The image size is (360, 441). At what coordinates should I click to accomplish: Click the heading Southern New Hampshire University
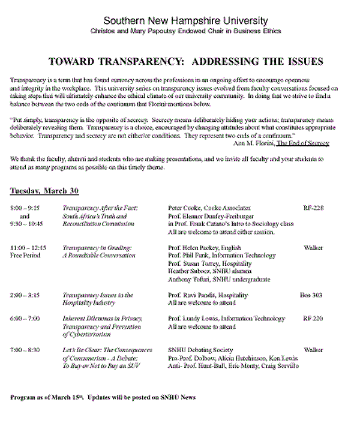tap(185, 21)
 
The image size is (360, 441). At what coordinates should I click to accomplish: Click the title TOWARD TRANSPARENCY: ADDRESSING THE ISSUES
tap(185, 62)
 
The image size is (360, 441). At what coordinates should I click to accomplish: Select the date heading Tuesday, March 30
tap(44, 191)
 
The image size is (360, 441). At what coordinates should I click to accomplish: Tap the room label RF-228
tap(313, 208)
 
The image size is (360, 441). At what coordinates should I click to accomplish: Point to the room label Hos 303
tap(311, 295)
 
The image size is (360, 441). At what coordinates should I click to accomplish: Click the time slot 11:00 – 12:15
tap(28, 247)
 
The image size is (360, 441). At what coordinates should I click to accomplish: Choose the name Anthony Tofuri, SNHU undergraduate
tap(211, 279)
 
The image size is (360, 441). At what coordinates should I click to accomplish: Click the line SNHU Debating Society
tap(200, 350)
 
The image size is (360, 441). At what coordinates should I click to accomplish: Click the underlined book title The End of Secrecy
tap(302, 143)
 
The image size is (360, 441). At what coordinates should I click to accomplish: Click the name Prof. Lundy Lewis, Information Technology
tap(227, 319)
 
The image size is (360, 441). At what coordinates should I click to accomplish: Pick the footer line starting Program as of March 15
tap(103, 397)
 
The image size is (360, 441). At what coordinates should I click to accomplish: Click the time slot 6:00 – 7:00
tap(26, 319)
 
